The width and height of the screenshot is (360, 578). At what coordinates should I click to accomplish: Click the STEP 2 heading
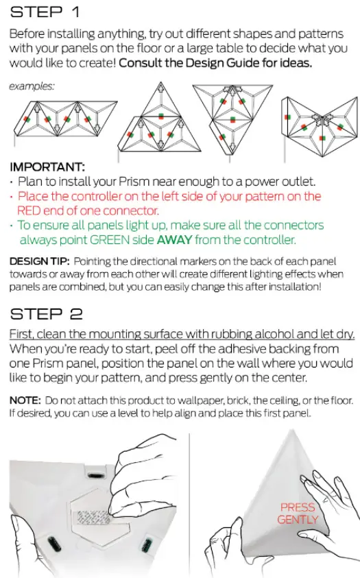47,314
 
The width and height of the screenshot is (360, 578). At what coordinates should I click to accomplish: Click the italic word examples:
32,86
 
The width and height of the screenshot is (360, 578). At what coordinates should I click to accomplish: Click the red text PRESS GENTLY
298,513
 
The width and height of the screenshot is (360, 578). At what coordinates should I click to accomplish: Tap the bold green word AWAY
177,239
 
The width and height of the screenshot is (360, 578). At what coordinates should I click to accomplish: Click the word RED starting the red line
29,210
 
